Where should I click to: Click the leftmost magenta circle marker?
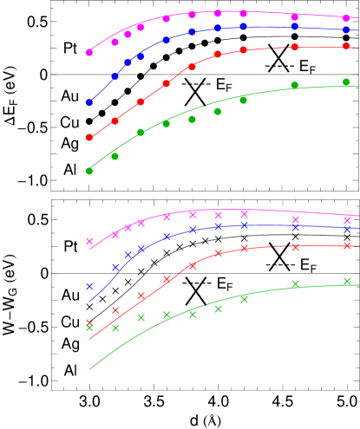tap(89, 53)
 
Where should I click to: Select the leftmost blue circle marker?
tap(89, 102)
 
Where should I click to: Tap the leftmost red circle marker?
tap(89, 138)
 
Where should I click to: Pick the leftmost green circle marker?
tap(89, 171)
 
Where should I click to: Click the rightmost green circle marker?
tap(346, 82)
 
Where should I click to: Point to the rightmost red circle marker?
tap(346, 46)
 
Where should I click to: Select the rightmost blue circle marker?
tap(346, 29)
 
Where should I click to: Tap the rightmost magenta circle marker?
tap(346, 16)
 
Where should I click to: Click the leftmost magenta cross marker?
tap(89, 242)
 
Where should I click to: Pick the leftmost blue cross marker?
tap(89, 286)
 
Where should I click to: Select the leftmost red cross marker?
tap(89, 323)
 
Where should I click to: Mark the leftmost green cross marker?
tap(89, 328)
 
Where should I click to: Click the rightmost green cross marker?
tap(347, 281)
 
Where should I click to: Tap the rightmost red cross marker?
tap(347, 245)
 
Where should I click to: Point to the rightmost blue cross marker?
tap(347, 230)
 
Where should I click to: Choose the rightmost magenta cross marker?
tap(347, 220)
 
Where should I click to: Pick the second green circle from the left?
tap(115, 157)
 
